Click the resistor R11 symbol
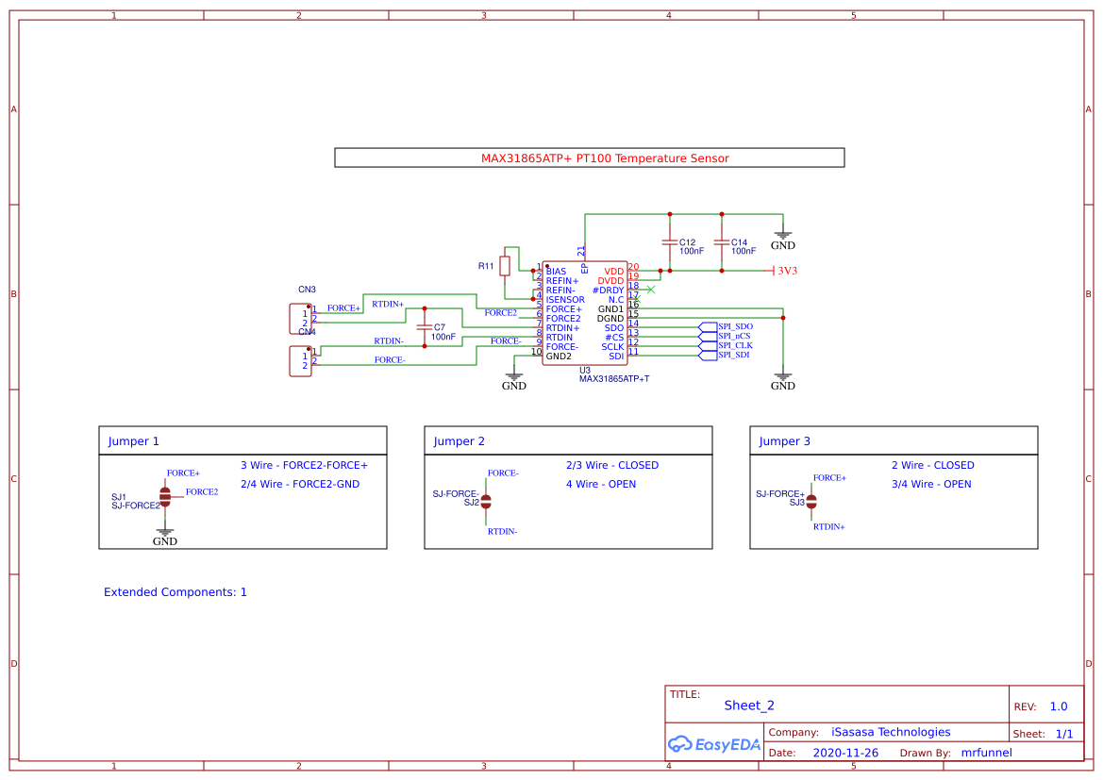(x=505, y=266)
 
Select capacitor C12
(x=670, y=242)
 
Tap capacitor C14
(x=722, y=242)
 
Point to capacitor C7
(x=425, y=326)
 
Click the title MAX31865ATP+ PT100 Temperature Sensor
(x=605, y=158)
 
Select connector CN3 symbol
(x=300, y=318)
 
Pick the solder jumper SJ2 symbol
(x=487, y=501)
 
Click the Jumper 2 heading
(x=460, y=441)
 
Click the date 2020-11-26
(x=844, y=753)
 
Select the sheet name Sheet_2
(x=749, y=705)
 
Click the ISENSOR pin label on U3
(x=565, y=300)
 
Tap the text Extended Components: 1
(x=175, y=592)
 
